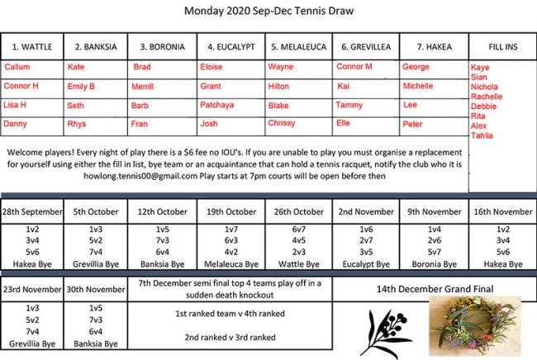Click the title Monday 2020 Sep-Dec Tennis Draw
(268, 12)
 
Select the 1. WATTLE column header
(31, 46)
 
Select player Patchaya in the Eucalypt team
(217, 105)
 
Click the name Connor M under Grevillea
(355, 66)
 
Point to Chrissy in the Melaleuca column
(281, 124)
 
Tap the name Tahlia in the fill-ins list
(482, 135)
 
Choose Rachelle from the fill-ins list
(486, 97)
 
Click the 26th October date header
(300, 212)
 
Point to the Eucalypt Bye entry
(366, 264)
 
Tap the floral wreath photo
(474, 326)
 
